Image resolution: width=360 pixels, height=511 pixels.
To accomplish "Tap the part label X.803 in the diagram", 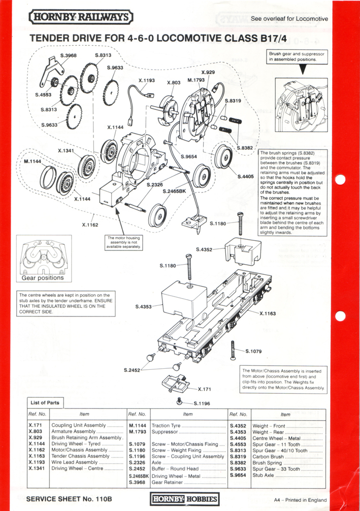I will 174,82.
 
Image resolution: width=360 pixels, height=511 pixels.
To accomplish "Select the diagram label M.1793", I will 197,80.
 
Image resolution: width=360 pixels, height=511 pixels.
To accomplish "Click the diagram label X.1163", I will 268,313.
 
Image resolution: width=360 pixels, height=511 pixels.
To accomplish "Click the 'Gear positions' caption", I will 43,278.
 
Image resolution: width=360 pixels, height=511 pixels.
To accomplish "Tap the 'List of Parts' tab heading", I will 45,402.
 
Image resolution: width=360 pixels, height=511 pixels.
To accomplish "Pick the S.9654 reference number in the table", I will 238,475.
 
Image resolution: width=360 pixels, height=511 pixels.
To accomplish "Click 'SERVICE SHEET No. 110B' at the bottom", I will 69,499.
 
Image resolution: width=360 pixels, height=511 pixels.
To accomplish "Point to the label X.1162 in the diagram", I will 90,224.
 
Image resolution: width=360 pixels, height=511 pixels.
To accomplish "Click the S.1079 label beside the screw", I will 253,351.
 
